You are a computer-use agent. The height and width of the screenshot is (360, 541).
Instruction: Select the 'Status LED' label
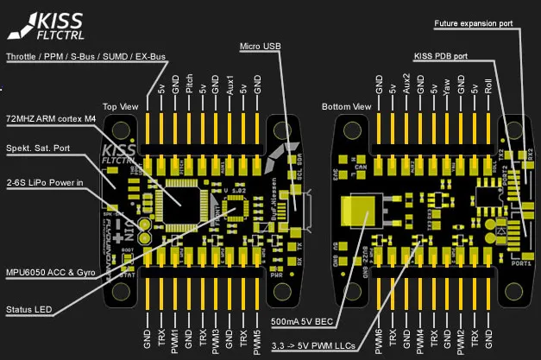[x=28, y=309]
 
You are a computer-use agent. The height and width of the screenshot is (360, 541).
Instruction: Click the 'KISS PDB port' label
[x=441, y=57]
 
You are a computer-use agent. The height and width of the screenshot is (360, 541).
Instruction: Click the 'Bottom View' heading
[x=346, y=106]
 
